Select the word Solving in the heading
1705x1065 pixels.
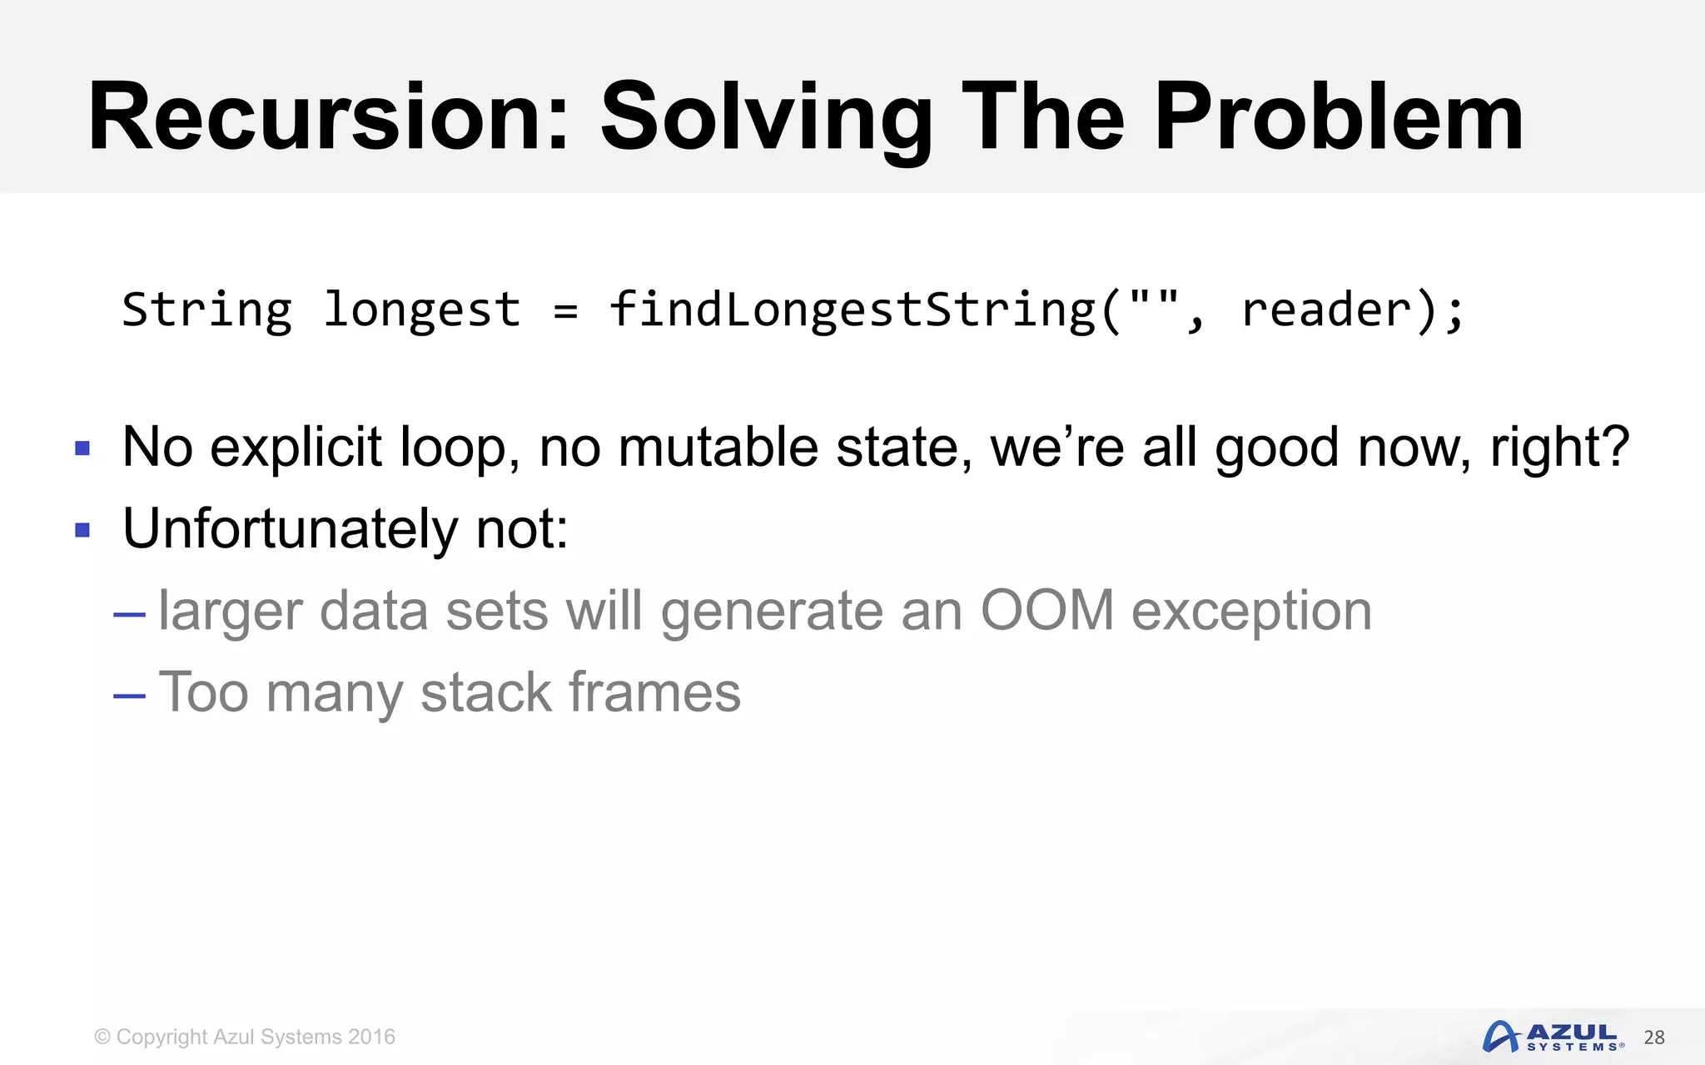[x=766, y=118]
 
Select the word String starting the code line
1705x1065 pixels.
[x=207, y=310]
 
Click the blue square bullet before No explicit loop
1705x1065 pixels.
[x=82, y=449]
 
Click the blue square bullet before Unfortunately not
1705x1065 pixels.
[x=82, y=530]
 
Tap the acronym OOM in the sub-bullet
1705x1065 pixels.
[x=1047, y=611]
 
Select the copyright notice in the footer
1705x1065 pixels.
[x=245, y=1037]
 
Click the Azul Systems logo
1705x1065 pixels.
[x=1553, y=1037]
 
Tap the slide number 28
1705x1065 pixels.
[x=1654, y=1038]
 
